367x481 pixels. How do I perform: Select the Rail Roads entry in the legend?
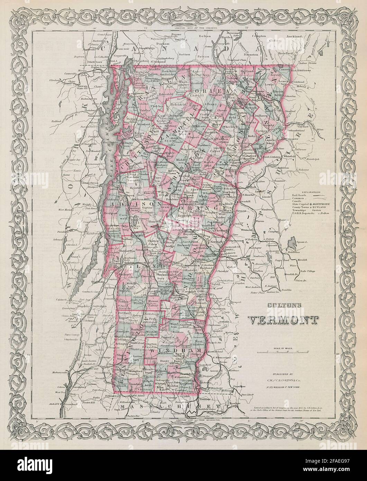point(299,196)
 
